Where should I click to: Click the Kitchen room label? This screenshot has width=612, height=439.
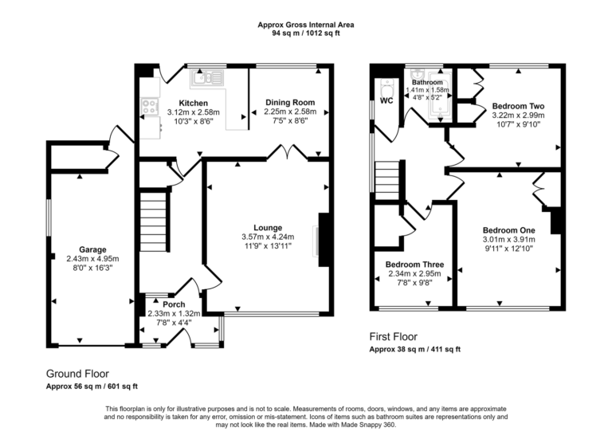194,103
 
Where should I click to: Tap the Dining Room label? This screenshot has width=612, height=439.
290,102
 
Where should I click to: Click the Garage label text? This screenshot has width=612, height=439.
92,249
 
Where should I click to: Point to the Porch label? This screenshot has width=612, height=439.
174,304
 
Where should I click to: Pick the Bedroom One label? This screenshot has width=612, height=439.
509,229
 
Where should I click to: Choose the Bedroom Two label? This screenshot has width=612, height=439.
518,106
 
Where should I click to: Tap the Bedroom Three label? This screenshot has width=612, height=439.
415,265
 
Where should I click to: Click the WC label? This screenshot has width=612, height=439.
386,101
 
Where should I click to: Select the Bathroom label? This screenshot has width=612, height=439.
427,82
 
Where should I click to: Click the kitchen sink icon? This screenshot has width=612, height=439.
205,78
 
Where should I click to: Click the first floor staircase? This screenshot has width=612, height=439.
386,177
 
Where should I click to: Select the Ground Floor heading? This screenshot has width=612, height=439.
77,373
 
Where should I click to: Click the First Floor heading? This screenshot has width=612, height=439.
393,337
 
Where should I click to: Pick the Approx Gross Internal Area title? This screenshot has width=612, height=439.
306,25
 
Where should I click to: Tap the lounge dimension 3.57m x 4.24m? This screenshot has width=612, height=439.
267,237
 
